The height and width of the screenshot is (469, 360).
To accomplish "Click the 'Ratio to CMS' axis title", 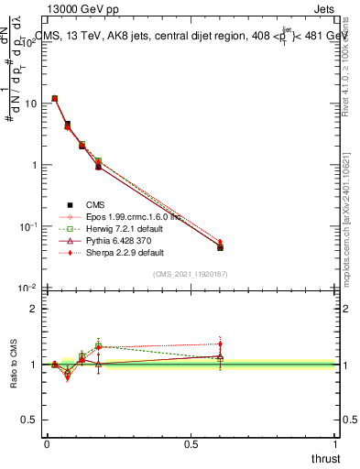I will point(14,365).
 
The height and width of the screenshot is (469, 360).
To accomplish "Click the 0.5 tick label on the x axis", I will point(191,442).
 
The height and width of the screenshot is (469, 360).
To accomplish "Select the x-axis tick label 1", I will point(336,442).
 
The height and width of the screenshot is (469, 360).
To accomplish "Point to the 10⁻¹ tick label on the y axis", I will point(28,226).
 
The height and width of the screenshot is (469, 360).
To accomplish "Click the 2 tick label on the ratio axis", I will point(34,309).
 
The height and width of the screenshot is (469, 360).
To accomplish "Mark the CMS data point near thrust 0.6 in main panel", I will point(220,247).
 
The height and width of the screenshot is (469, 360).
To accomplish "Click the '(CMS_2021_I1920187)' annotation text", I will point(190,274).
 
